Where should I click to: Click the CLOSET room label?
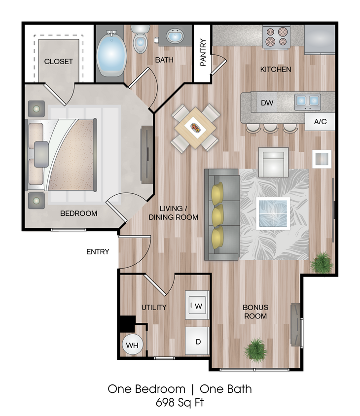[58, 62]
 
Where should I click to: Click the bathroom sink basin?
[175, 36]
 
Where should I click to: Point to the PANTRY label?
[203, 53]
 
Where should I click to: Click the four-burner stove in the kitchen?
[276, 37]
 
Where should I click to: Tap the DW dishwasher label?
[267, 103]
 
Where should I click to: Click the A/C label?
[320, 121]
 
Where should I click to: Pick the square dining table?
[195, 128]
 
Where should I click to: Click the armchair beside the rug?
[274, 162]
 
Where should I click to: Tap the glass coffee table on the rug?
[273, 213]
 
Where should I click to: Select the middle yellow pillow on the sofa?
[217, 215]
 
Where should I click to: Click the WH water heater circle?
[132, 345]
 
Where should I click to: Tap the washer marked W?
[198, 306]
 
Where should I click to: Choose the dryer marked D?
[197, 340]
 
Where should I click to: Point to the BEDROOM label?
[78, 213]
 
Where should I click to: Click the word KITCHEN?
[276, 69]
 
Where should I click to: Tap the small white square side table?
[322, 159]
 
